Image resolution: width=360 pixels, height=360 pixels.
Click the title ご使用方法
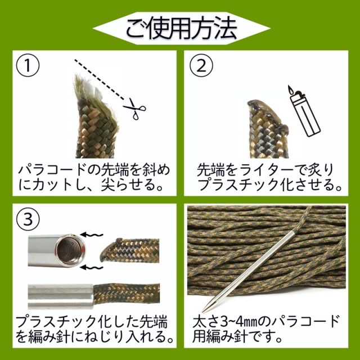(181, 29)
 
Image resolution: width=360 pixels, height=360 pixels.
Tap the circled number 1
(28, 65)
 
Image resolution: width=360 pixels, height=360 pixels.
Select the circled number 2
(201, 65)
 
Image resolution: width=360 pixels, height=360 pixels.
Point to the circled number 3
(28, 219)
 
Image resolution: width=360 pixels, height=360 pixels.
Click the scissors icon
(135, 109)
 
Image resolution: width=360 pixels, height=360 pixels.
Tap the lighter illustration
(304, 111)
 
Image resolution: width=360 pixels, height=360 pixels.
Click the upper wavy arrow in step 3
(91, 235)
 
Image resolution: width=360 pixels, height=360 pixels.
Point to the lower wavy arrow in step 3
(91, 267)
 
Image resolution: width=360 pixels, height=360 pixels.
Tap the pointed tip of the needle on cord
(203, 312)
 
